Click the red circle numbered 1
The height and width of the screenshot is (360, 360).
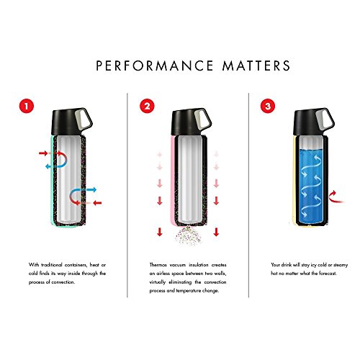[x=27, y=106]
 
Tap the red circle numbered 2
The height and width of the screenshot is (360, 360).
[x=147, y=106]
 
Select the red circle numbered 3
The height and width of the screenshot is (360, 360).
[x=268, y=106]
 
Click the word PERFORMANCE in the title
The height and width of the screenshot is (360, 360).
[x=155, y=66]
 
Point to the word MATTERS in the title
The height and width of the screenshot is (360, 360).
[x=256, y=66]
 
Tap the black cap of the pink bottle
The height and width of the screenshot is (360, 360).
[x=186, y=122]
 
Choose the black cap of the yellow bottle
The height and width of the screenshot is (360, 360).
[x=307, y=122]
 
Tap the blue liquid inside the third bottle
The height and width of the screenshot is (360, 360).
[x=311, y=186]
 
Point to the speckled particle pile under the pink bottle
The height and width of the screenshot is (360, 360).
[x=188, y=236]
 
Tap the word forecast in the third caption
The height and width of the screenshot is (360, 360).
[x=328, y=274]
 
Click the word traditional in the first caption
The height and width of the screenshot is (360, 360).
[x=52, y=265]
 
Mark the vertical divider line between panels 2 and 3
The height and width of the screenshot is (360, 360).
[x=248, y=195]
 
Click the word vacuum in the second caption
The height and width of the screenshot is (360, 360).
[x=178, y=265]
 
